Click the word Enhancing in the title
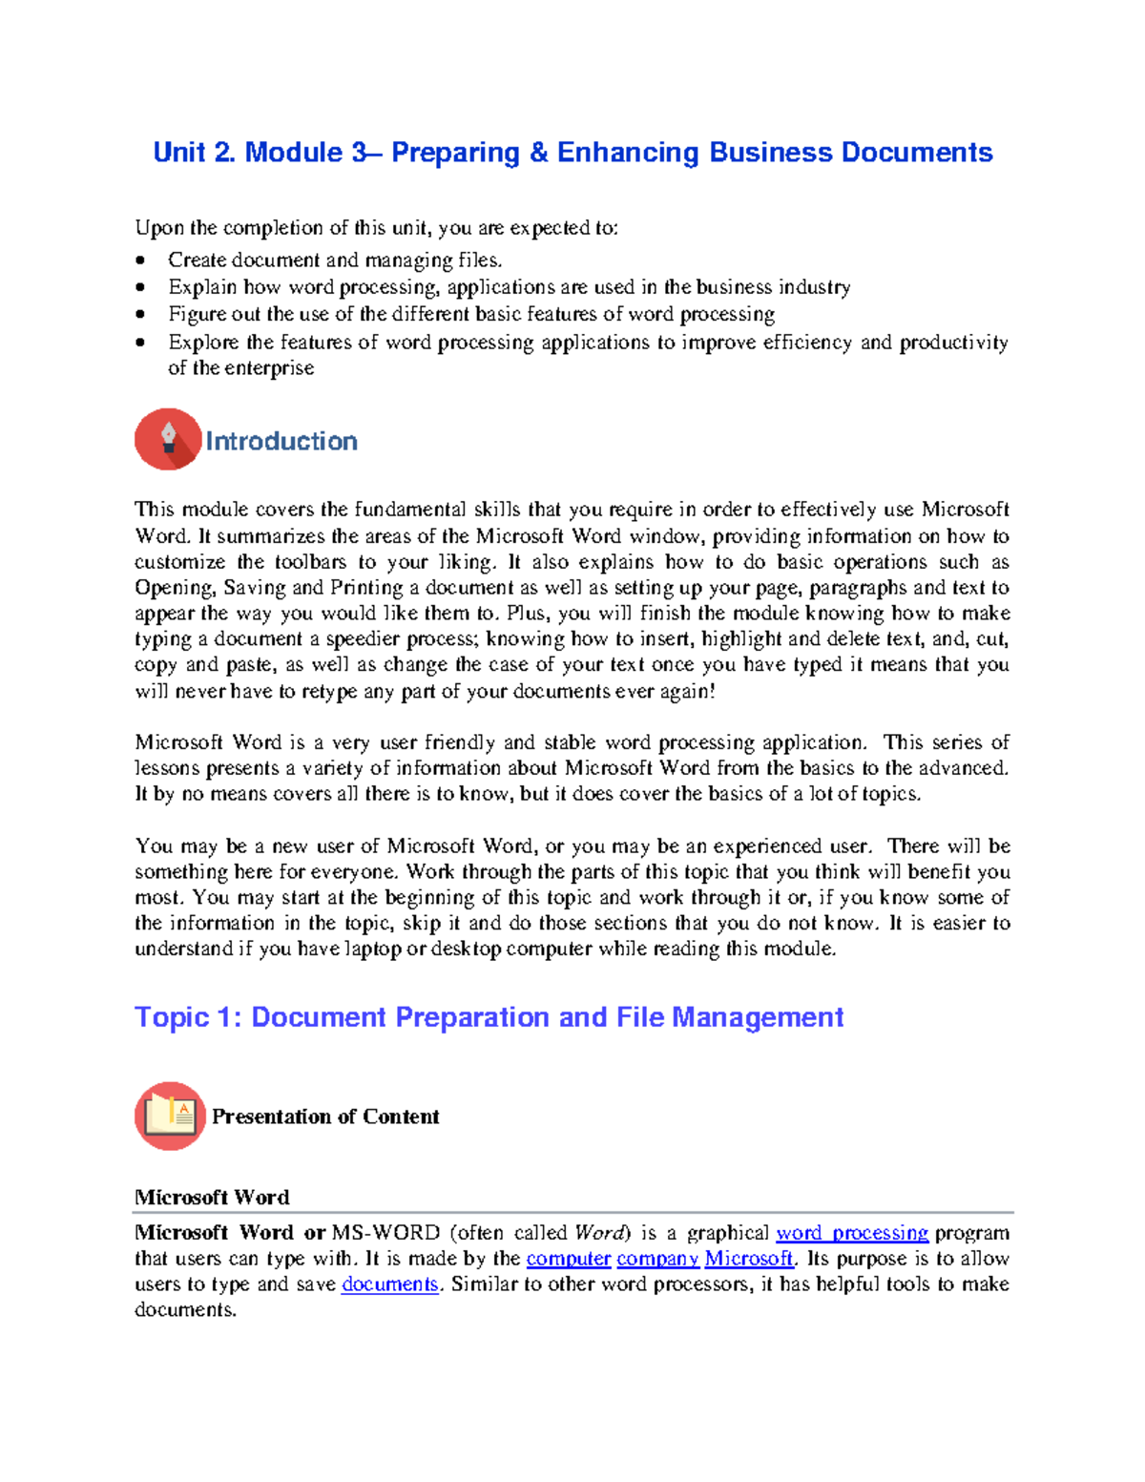point(628,153)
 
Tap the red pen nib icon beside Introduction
point(168,439)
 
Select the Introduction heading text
point(281,441)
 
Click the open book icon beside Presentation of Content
point(170,1115)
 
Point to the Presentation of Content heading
point(325,1117)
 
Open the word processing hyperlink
point(852,1233)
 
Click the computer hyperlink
point(568,1259)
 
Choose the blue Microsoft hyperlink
point(748,1259)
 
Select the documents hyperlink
point(389,1284)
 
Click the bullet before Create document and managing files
point(141,261)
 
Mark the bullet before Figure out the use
point(141,314)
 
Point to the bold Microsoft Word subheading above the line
point(212,1197)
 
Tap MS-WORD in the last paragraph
point(385,1233)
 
